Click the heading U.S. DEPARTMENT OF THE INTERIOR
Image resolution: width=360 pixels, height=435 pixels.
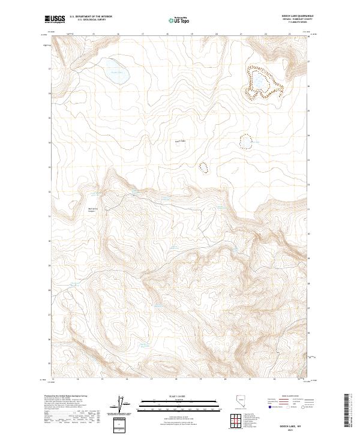[x=99, y=17]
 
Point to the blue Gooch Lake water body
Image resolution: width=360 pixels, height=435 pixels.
[x=117, y=71]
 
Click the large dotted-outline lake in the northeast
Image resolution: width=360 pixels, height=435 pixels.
[x=262, y=83]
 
